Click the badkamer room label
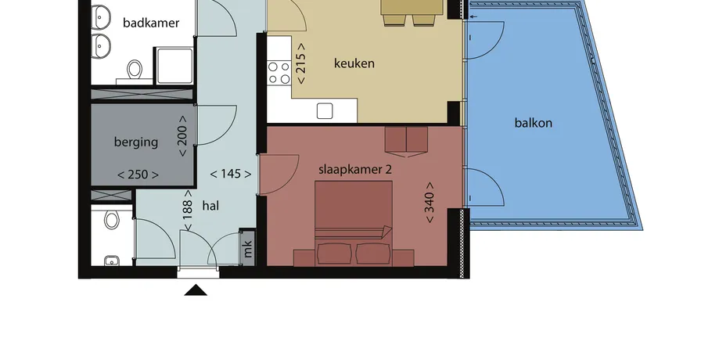tap(151, 23)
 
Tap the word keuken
tap(354, 63)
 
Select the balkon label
tap(534, 122)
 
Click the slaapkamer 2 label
tap(355, 169)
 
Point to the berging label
tap(136, 142)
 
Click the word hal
tap(210, 206)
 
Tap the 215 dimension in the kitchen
tap(301, 63)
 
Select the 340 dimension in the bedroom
tap(429, 203)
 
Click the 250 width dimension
tap(138, 175)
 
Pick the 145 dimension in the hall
tap(231, 174)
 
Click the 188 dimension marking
tap(188, 210)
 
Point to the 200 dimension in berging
tap(182, 136)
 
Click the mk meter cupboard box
tap(247, 247)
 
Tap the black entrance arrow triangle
tap(196, 290)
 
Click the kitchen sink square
tap(325, 110)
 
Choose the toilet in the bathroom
tap(134, 70)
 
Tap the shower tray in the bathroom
tap(174, 66)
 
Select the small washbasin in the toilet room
tap(111, 261)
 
